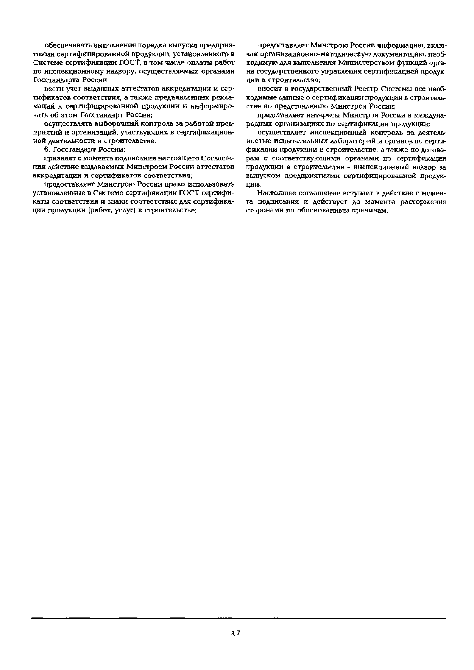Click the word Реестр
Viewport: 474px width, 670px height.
point(368,89)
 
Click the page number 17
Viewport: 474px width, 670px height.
point(236,629)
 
